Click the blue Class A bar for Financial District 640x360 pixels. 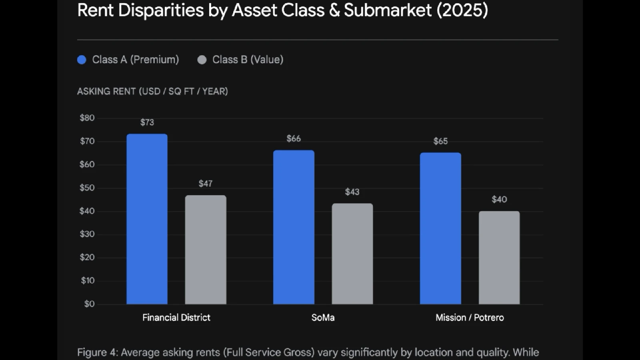tap(147, 219)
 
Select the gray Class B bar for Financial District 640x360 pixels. tap(206, 250)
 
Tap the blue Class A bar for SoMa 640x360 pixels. tap(294, 227)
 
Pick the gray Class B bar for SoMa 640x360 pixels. tap(352, 254)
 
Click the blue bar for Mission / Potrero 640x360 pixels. tap(440, 228)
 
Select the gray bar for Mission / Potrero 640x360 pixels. tap(499, 258)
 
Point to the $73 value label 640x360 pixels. tap(147, 122)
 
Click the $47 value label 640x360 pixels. tap(206, 184)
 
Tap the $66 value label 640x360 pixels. tap(294, 139)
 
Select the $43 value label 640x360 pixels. tap(352, 192)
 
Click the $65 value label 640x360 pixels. tap(440, 141)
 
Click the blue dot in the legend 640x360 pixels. tap(82, 60)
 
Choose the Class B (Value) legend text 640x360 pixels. tap(248, 60)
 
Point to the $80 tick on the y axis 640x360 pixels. tap(87, 118)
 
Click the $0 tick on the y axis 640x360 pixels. tap(89, 304)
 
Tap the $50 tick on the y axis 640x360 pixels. tap(87, 188)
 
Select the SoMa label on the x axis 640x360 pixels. tap(323, 318)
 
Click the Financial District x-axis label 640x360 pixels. tap(176, 318)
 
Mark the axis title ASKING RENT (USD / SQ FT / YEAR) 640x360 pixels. tap(152, 92)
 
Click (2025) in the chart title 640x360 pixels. tap(462, 10)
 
